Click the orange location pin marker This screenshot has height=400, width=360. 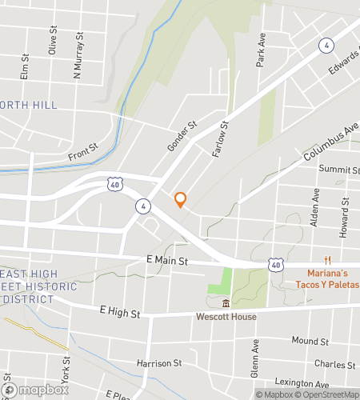(x=181, y=199)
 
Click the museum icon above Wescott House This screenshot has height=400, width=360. (x=226, y=303)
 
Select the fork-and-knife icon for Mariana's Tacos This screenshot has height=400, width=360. (x=326, y=260)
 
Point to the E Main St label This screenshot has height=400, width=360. (x=167, y=261)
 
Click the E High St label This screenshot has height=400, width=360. (x=120, y=310)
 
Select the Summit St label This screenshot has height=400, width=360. (x=339, y=170)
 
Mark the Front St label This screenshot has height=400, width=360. (x=82, y=151)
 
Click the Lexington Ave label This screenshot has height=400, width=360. (x=302, y=383)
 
